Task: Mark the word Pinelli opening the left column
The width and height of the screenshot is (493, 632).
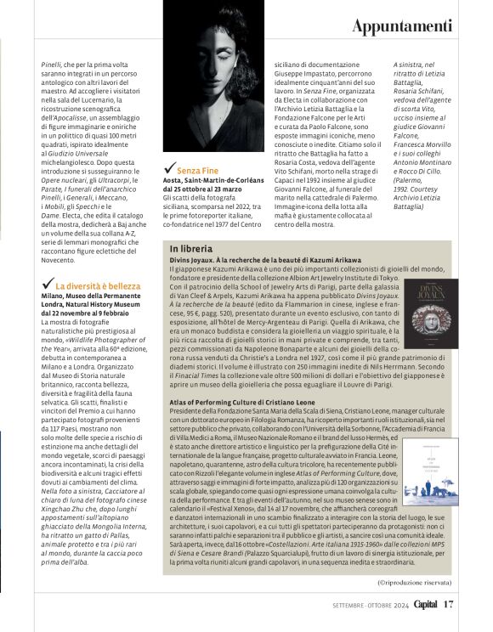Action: [x=53, y=64]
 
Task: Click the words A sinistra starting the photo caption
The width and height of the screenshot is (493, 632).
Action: [x=410, y=64]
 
